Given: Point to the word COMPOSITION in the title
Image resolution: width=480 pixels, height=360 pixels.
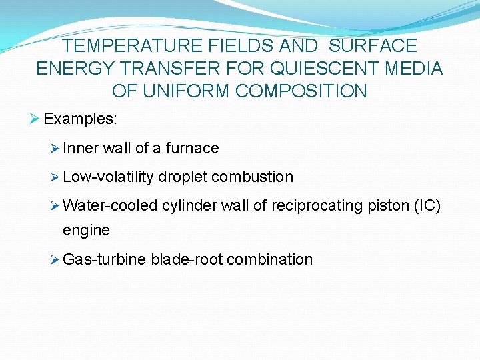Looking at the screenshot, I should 293,91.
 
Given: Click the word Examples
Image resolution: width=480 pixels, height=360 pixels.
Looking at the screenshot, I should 80,119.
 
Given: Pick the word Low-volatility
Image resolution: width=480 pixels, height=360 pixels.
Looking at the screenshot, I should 109,177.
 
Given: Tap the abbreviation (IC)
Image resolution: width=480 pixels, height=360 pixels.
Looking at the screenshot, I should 427,206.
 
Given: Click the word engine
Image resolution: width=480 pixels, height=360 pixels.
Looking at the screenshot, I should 86,231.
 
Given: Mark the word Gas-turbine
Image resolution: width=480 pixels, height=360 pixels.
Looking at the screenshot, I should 104,259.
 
